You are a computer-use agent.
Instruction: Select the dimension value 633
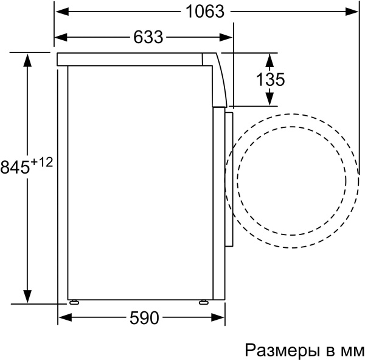point(148,38)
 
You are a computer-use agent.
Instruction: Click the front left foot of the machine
point(74,302)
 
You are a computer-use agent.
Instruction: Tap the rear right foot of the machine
point(203,302)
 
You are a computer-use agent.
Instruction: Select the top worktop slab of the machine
point(131,59)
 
